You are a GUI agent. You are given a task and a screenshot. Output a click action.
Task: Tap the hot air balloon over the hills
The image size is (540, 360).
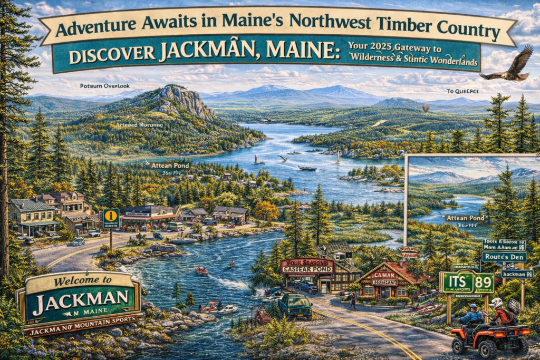(x=425, y=108)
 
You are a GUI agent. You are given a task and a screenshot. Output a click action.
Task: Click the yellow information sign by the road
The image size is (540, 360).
(x=111, y=217)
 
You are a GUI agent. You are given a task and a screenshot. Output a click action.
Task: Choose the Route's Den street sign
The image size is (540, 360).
(x=503, y=257)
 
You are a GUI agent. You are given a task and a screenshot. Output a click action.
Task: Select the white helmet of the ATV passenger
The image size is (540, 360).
(x=496, y=303)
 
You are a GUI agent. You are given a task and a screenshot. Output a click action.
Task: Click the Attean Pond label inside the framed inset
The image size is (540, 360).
(x=464, y=217)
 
